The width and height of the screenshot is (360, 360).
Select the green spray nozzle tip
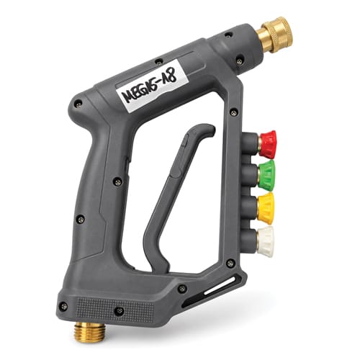[x=266, y=174]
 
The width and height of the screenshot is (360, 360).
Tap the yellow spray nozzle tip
[x=266, y=207]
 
